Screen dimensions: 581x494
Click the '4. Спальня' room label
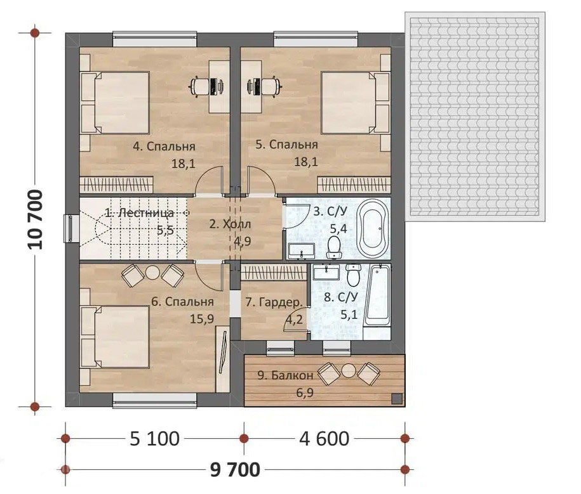(164, 146)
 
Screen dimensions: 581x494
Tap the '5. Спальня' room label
(287, 145)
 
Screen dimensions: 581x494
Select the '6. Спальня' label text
(183, 302)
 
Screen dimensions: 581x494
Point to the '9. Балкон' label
(285, 375)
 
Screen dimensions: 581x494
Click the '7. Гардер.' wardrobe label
(274, 302)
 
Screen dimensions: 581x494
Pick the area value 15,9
(202, 318)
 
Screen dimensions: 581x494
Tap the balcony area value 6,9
(305, 393)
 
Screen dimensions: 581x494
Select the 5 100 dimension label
(155, 439)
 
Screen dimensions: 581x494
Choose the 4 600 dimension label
(324, 439)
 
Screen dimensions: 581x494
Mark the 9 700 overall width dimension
(235, 470)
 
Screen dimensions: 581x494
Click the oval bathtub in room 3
(373, 229)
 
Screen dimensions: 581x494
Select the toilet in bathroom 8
(354, 275)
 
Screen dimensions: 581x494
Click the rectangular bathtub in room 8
(377, 296)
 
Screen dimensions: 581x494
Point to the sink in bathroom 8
(326, 272)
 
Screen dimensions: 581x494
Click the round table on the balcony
(349, 371)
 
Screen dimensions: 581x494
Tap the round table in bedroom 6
(152, 273)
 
